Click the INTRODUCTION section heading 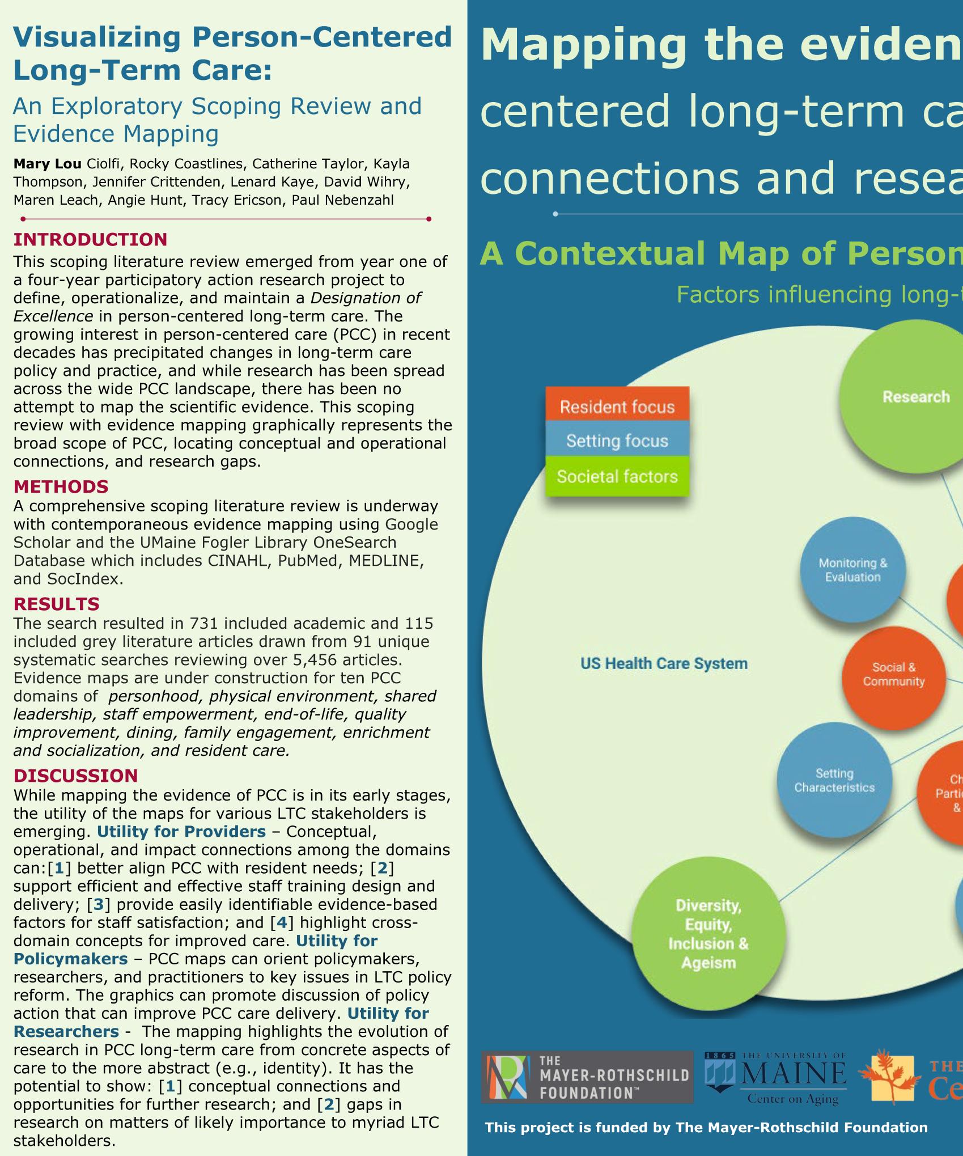point(90,239)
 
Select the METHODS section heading point(61,486)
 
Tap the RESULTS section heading point(56,604)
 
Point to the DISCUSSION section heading point(75,776)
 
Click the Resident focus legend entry point(617,406)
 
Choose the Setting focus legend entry point(617,441)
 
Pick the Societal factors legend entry point(617,476)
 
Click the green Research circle point(915,397)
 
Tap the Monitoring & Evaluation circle point(852,570)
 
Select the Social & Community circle point(893,675)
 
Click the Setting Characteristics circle point(834,780)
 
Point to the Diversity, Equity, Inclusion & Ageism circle point(709,934)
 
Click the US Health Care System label point(664,663)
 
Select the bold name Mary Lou point(48,164)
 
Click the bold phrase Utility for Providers point(181,832)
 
